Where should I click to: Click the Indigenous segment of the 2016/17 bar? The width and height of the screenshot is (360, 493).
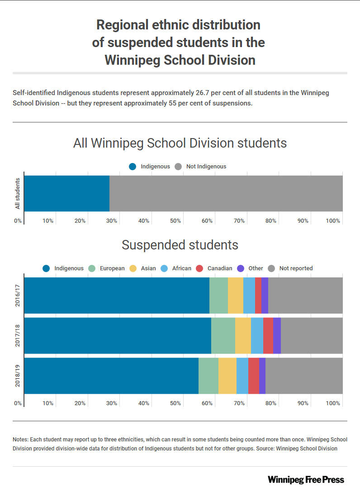[117, 295]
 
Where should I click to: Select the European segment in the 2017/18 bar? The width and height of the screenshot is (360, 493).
[223, 335]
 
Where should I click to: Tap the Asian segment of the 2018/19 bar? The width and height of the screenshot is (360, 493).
[227, 376]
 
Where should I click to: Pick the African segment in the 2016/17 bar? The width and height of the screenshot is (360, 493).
[249, 295]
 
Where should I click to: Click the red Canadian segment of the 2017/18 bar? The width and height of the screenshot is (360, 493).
[268, 335]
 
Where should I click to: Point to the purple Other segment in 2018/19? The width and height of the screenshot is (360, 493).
[262, 376]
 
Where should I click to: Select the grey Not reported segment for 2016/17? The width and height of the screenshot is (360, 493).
[305, 295]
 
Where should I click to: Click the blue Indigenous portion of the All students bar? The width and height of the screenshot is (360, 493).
[67, 193]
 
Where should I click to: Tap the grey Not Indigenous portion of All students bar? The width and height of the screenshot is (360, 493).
[226, 193]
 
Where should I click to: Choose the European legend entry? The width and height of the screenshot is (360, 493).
[106, 268]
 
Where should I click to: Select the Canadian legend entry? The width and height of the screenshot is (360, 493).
[214, 268]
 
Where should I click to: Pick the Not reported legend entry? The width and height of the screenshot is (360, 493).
[290, 268]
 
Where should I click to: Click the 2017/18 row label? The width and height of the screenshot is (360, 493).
[18, 335]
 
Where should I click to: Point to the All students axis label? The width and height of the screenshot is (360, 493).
[18, 193]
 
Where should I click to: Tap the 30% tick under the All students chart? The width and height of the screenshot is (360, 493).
[112, 221]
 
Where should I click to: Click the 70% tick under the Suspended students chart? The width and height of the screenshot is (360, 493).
[239, 403]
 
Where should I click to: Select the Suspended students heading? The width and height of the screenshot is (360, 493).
[180, 245]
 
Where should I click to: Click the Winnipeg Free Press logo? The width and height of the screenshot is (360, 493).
[306, 479]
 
